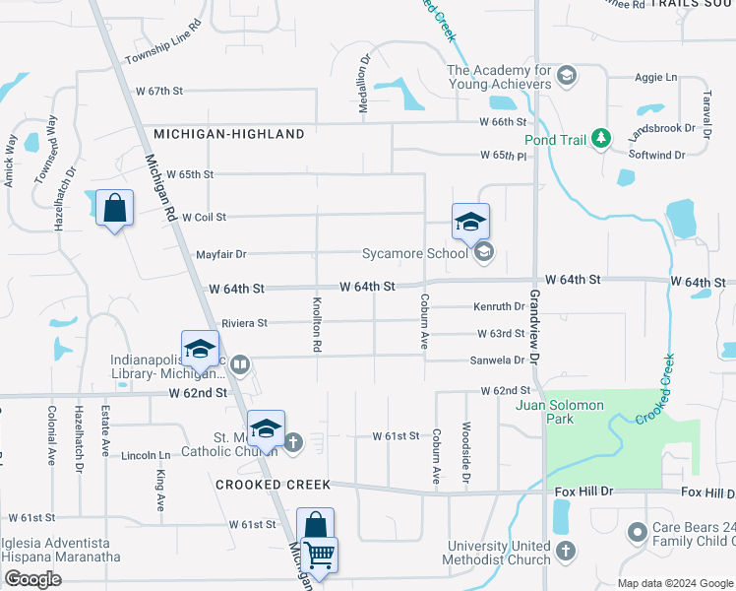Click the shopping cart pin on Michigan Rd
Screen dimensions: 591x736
[319, 557]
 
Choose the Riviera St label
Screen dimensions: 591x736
[244, 323]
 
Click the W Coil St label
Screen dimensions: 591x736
[204, 217]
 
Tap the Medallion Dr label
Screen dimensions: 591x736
[364, 84]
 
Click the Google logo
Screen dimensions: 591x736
[31, 579]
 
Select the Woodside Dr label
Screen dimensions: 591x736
[465, 454]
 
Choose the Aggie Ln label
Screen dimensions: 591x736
[658, 77]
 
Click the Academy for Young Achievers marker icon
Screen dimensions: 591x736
[566, 75]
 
